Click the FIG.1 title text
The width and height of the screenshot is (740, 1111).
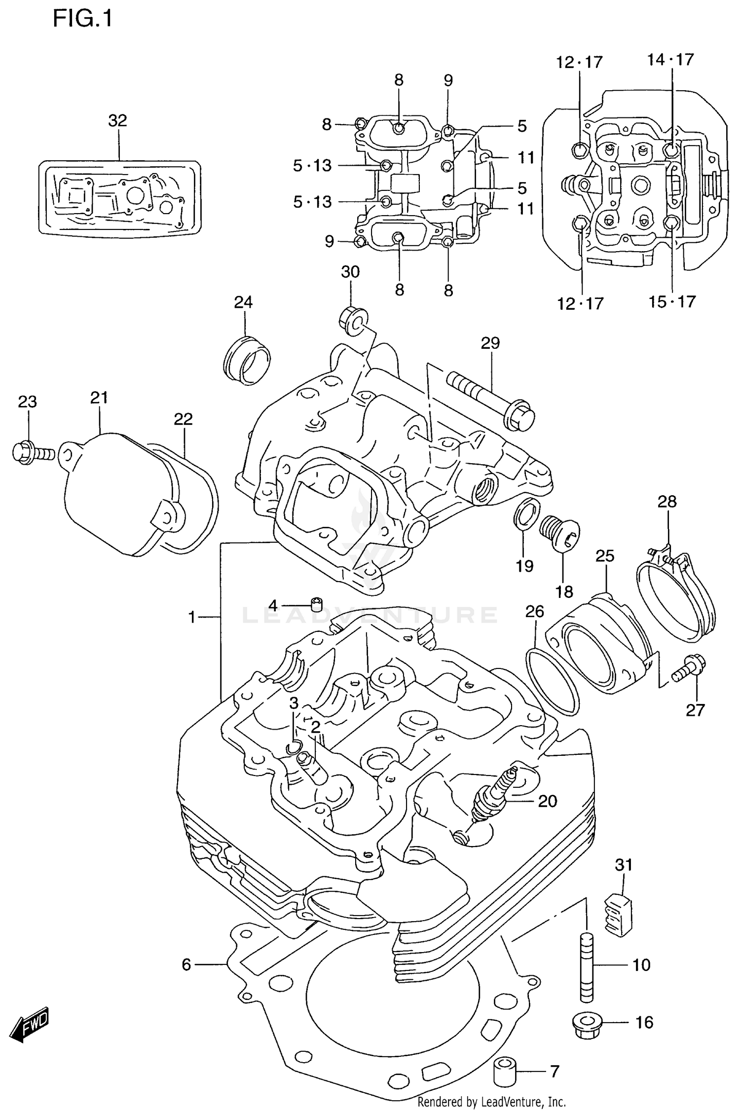click(82, 19)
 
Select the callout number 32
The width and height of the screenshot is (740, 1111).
click(117, 120)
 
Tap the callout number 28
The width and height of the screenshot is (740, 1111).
click(667, 502)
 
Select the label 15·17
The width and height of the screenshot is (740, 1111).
click(672, 301)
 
